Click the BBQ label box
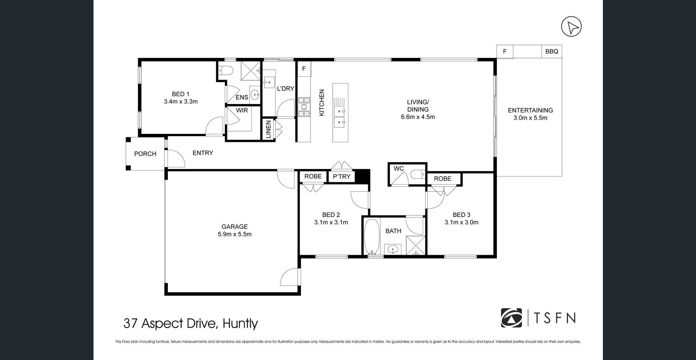551,51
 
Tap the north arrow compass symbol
571,27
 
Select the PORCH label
145,154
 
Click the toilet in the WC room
417,174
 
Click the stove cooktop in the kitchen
304,107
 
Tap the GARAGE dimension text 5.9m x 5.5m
235,234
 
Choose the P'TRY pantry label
342,177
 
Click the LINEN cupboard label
268,129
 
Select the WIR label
242,110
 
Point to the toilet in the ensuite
227,71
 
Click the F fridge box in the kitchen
304,69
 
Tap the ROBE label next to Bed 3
443,178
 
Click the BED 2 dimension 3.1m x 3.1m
331,222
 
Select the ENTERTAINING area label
530,111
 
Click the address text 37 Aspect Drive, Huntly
191,323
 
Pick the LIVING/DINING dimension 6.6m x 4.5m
418,117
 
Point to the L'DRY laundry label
285,88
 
